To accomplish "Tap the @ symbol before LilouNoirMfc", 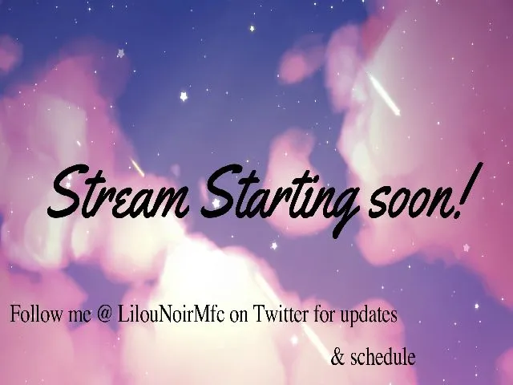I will [x=103, y=315].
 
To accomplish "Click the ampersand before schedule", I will [x=337, y=356].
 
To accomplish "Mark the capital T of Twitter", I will [x=258, y=314].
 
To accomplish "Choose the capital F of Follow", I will [x=14, y=314].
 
